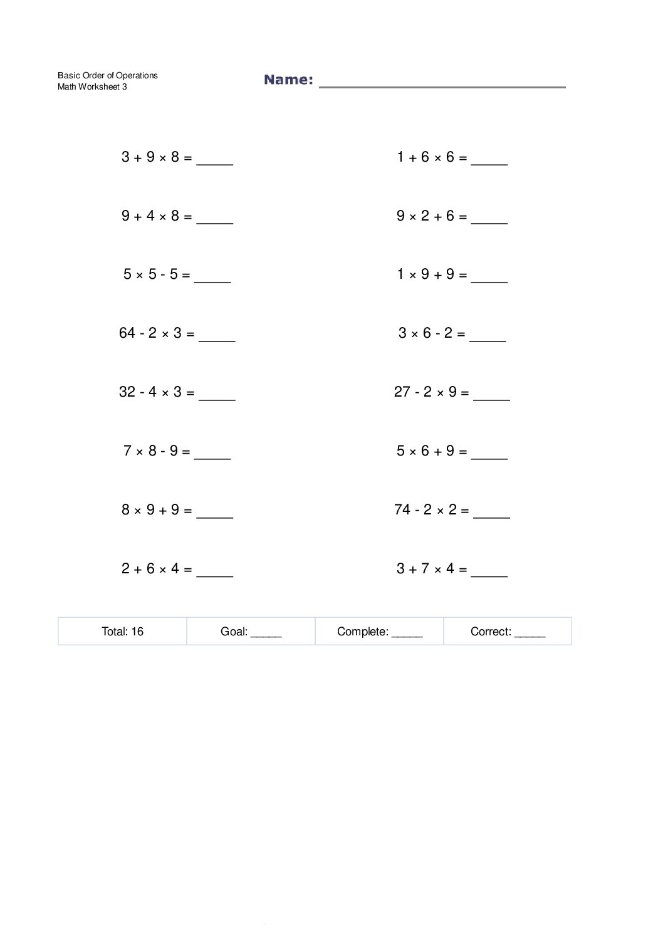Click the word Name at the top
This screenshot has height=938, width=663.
[x=288, y=80]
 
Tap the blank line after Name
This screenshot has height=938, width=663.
[x=442, y=85]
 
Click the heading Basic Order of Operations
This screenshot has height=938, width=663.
[x=108, y=75]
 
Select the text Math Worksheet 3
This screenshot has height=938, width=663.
[x=92, y=86]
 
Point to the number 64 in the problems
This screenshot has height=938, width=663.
[x=127, y=333]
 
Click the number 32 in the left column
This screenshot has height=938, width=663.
[x=127, y=392]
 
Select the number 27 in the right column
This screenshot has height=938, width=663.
[x=402, y=392]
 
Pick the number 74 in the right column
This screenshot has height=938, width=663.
[x=402, y=509]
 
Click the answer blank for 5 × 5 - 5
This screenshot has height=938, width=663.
[x=212, y=279]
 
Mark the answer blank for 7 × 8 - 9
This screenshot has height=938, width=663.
[x=212, y=456]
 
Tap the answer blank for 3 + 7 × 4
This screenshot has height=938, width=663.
[x=489, y=573]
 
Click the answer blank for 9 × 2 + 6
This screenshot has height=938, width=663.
[x=489, y=220]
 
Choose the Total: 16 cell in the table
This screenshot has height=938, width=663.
[x=123, y=632]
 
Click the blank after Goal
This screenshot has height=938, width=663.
[x=266, y=634]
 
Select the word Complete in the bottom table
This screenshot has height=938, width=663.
[x=362, y=632]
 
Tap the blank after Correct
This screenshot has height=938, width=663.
[x=530, y=634]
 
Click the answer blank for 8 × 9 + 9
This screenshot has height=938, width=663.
[x=215, y=514]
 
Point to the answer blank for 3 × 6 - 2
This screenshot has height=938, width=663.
[x=488, y=338]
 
